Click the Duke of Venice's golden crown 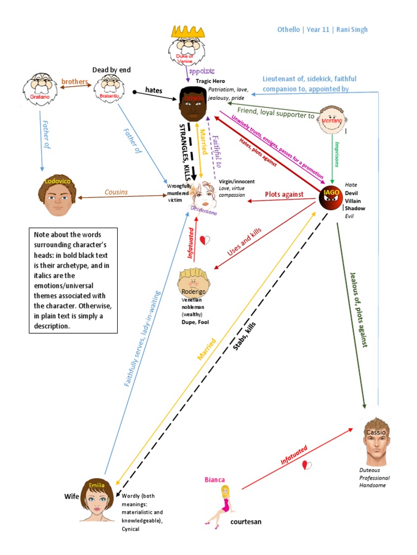[x=187, y=30]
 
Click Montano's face [x=332, y=120]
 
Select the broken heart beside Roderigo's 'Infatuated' [x=204, y=240]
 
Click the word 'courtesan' [x=246, y=521]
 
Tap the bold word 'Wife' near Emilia [x=72, y=496]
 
